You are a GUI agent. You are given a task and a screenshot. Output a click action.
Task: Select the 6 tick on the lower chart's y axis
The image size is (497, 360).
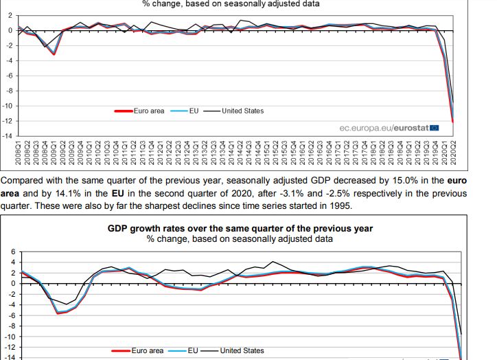click(12, 252)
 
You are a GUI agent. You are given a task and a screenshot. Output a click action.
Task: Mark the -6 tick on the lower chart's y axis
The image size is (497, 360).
click(9, 315)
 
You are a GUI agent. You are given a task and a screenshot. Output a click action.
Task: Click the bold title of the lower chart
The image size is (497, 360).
click(240, 228)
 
